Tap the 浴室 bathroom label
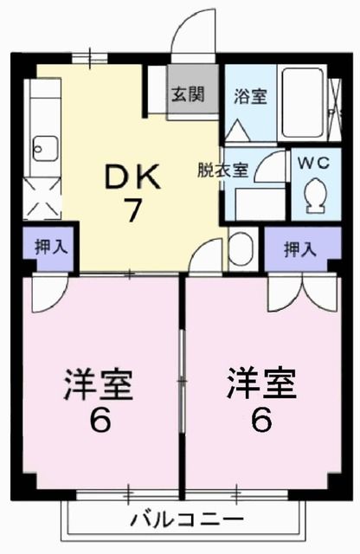click(251, 96)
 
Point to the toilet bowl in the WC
click(314, 195)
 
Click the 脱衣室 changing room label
click(223, 170)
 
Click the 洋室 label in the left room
click(99, 383)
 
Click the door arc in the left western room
click(48, 295)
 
